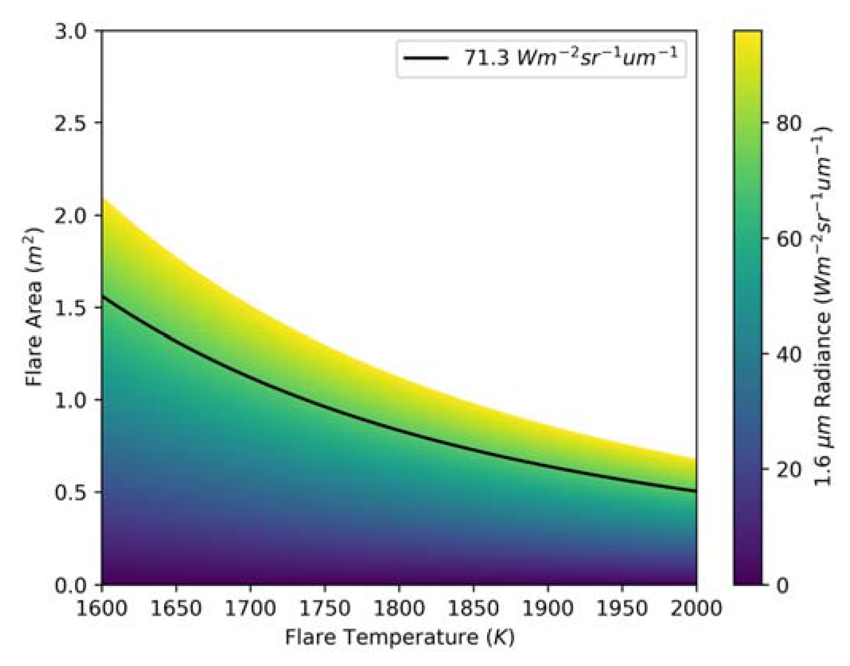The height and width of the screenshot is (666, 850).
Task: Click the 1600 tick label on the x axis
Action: (101, 609)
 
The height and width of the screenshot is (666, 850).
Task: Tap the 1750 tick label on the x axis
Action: (324, 609)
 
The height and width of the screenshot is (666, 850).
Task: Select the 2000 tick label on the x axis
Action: (696, 609)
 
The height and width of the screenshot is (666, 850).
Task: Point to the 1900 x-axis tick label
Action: (547, 609)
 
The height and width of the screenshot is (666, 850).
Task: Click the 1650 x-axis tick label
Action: (176, 609)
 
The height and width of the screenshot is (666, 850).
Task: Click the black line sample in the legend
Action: (426, 58)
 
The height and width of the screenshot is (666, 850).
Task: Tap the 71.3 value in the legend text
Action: (486, 58)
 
